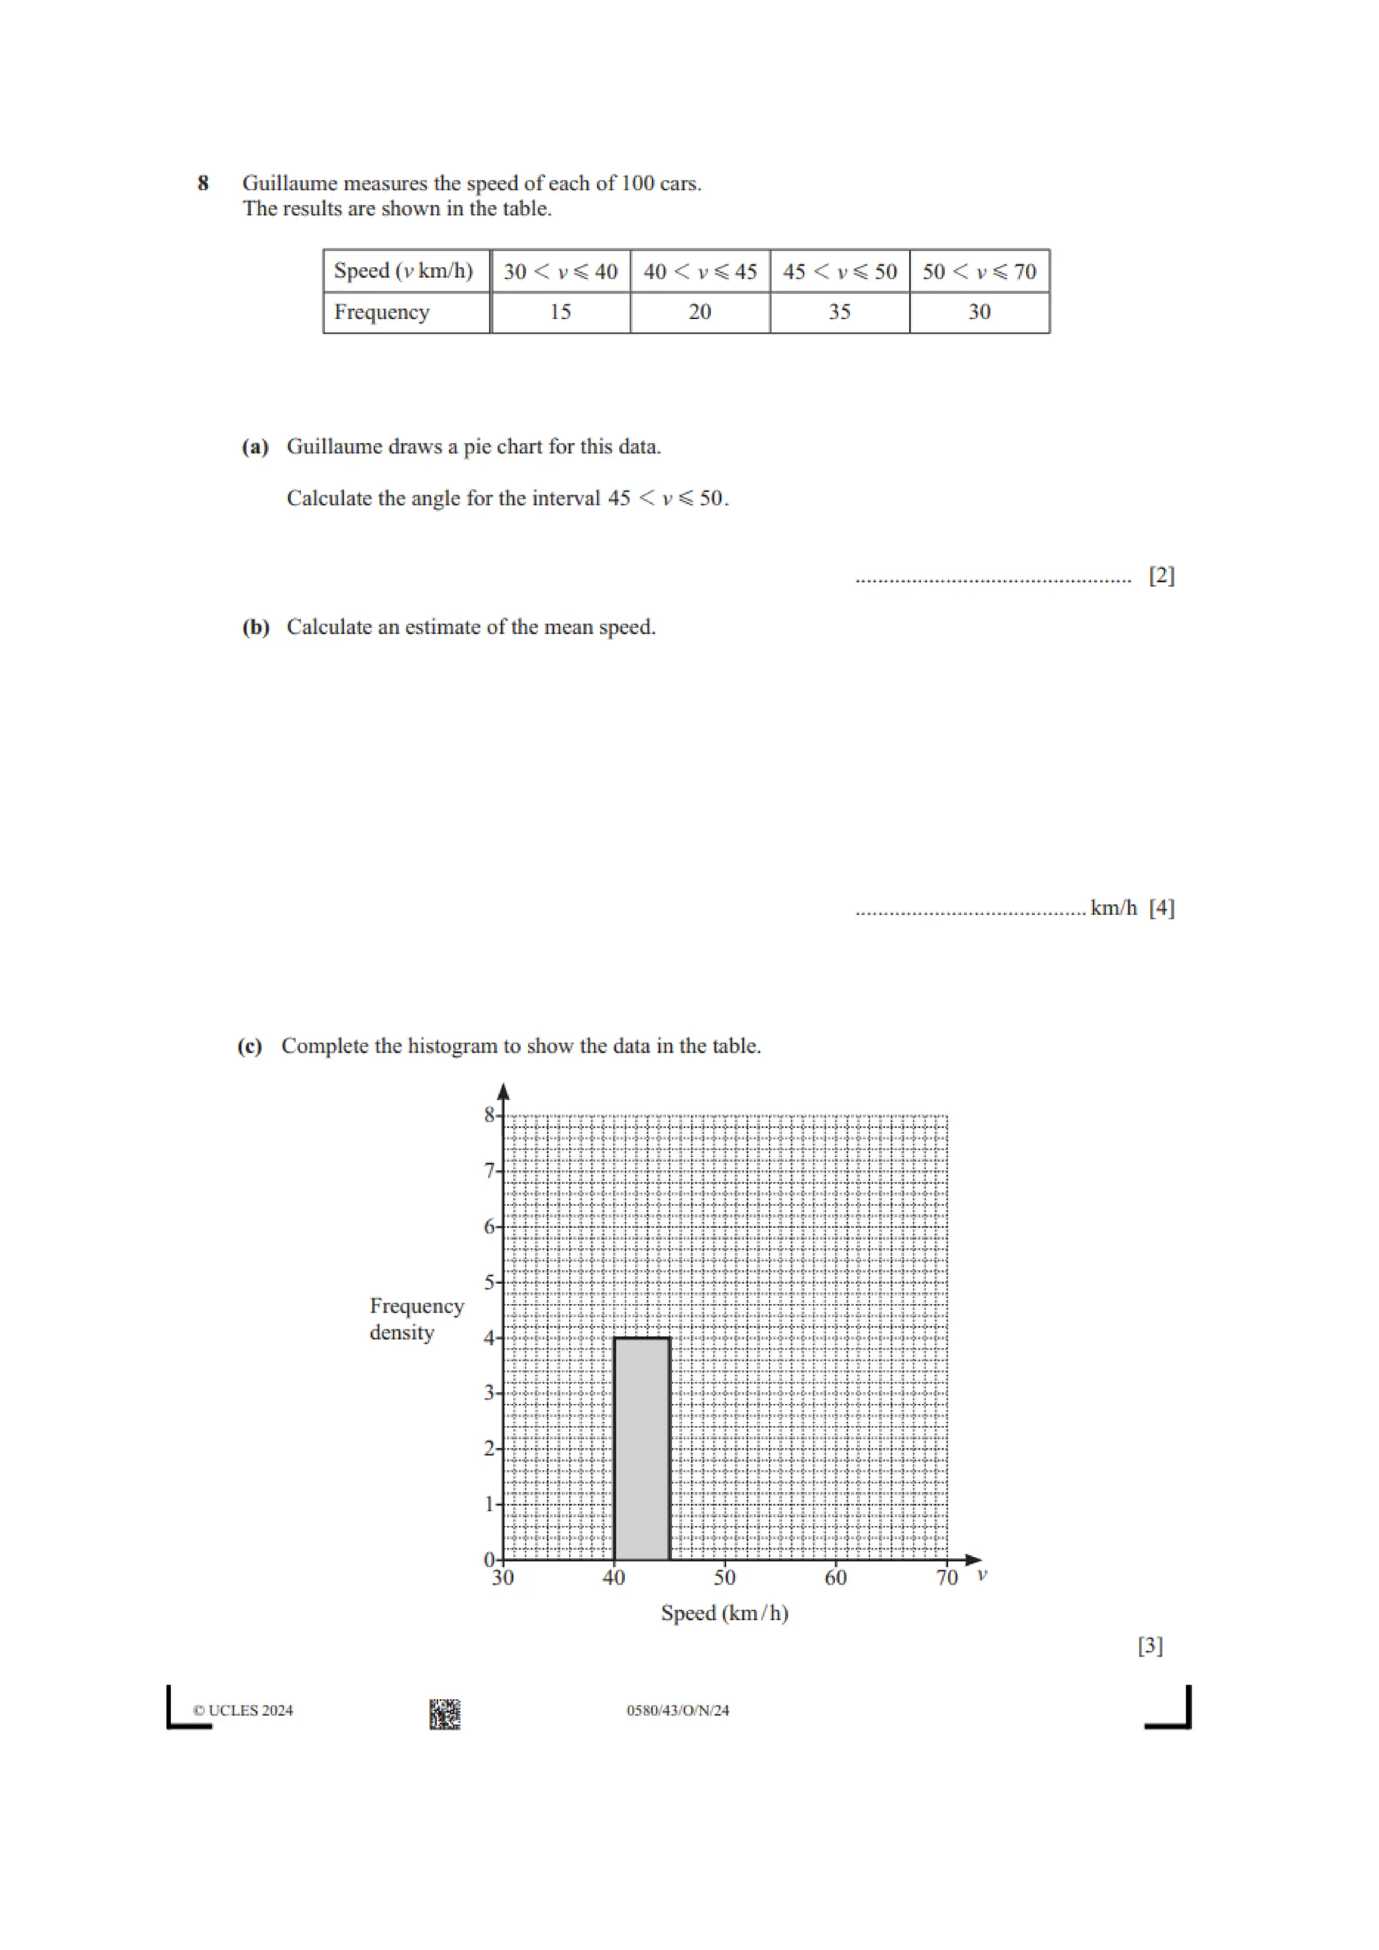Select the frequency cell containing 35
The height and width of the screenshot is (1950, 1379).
tap(840, 312)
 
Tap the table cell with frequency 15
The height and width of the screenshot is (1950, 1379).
tap(560, 312)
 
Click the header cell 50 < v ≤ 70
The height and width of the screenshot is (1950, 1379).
tap(979, 272)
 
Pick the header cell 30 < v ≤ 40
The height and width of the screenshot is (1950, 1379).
tap(560, 272)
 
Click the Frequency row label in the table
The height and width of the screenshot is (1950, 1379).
tap(382, 312)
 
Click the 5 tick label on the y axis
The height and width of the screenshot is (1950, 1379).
tap(490, 1282)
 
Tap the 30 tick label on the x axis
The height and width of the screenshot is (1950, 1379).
tap(502, 1578)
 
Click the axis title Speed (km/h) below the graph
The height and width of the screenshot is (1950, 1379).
tap(724, 1613)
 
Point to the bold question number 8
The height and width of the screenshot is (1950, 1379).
tap(203, 184)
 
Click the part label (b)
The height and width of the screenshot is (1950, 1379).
tap(256, 627)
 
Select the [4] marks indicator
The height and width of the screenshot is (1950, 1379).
tap(1161, 908)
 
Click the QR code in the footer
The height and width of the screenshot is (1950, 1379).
tap(444, 1714)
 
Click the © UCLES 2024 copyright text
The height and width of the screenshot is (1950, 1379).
tap(243, 1710)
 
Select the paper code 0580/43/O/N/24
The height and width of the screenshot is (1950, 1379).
tap(677, 1710)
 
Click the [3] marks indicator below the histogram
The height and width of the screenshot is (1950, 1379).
tap(1149, 1646)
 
